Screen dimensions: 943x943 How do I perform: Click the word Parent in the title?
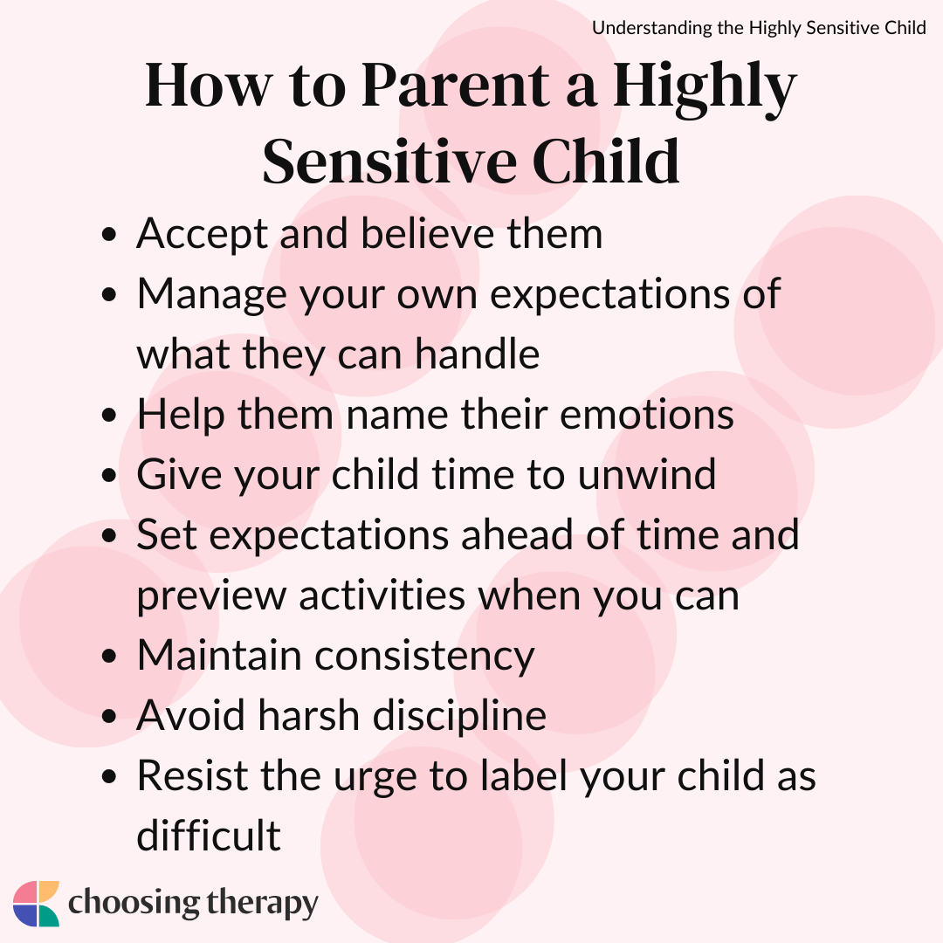456,85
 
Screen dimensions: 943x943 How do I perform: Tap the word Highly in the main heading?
705,89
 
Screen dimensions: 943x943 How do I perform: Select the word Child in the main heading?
606,162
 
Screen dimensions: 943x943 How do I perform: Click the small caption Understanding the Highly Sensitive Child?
759,28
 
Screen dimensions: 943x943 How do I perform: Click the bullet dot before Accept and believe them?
109,234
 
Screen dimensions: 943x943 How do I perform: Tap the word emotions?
646,415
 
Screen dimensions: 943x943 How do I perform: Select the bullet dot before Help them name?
109,416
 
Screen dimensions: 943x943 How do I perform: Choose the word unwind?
646,474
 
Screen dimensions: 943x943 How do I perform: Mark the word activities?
382,595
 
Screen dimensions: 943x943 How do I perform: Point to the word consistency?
424,656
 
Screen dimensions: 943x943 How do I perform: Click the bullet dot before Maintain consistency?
109,656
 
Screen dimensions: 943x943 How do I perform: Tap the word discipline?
459,716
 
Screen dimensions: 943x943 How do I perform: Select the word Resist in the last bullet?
192,776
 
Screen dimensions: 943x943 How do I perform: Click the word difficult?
209,836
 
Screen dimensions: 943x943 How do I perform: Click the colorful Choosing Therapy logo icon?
36,904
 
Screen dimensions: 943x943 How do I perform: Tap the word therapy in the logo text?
262,904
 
